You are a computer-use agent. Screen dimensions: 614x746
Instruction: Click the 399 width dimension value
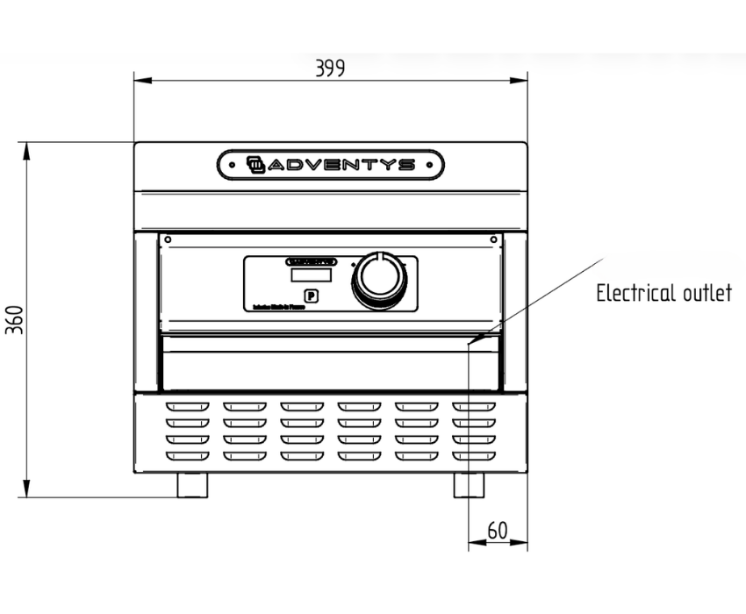(330, 68)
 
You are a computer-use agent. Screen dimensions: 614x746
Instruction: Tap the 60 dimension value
(498, 531)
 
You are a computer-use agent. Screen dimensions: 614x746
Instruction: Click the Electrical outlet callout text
(664, 293)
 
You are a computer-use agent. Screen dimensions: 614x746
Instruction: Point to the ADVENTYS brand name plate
(331, 164)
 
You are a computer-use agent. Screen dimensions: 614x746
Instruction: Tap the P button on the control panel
(310, 296)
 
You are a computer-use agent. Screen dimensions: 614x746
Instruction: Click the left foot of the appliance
(192, 485)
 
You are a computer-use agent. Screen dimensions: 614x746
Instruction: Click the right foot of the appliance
(469, 485)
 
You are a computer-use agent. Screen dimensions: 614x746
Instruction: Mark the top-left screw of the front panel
(168, 239)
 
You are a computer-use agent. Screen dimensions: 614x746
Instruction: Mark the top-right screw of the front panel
(494, 239)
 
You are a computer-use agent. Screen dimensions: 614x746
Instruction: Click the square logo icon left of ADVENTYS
(255, 164)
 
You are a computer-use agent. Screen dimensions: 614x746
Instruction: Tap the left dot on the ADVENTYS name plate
(231, 164)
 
